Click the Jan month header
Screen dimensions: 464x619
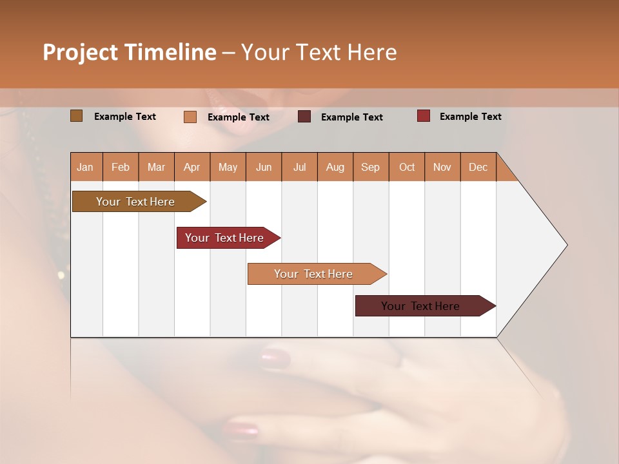(86, 167)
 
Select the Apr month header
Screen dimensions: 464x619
(192, 167)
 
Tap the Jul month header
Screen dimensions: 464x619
(300, 167)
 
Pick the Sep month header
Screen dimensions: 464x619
(371, 167)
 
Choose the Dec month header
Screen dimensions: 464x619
(478, 167)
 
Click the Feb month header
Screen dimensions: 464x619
(121, 167)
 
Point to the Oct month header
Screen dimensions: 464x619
(407, 167)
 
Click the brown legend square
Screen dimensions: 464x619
(76, 116)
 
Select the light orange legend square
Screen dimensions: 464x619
(190, 117)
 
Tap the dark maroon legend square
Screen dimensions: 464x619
(304, 117)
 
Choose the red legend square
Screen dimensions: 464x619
(423, 116)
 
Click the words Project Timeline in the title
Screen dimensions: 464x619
(129, 52)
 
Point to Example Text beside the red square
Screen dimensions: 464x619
(470, 117)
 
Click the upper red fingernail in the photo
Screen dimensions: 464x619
(276, 358)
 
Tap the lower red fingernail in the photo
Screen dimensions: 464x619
(241, 429)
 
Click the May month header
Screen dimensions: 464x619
(228, 167)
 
